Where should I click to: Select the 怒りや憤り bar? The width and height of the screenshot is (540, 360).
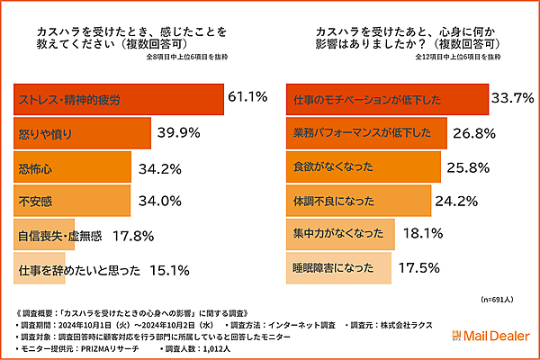[x=89, y=134]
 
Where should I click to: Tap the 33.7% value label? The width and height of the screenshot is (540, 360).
[x=517, y=97]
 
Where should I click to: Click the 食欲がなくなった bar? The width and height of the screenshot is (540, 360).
[x=364, y=167]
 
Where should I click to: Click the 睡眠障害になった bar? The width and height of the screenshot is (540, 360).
[x=338, y=269]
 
